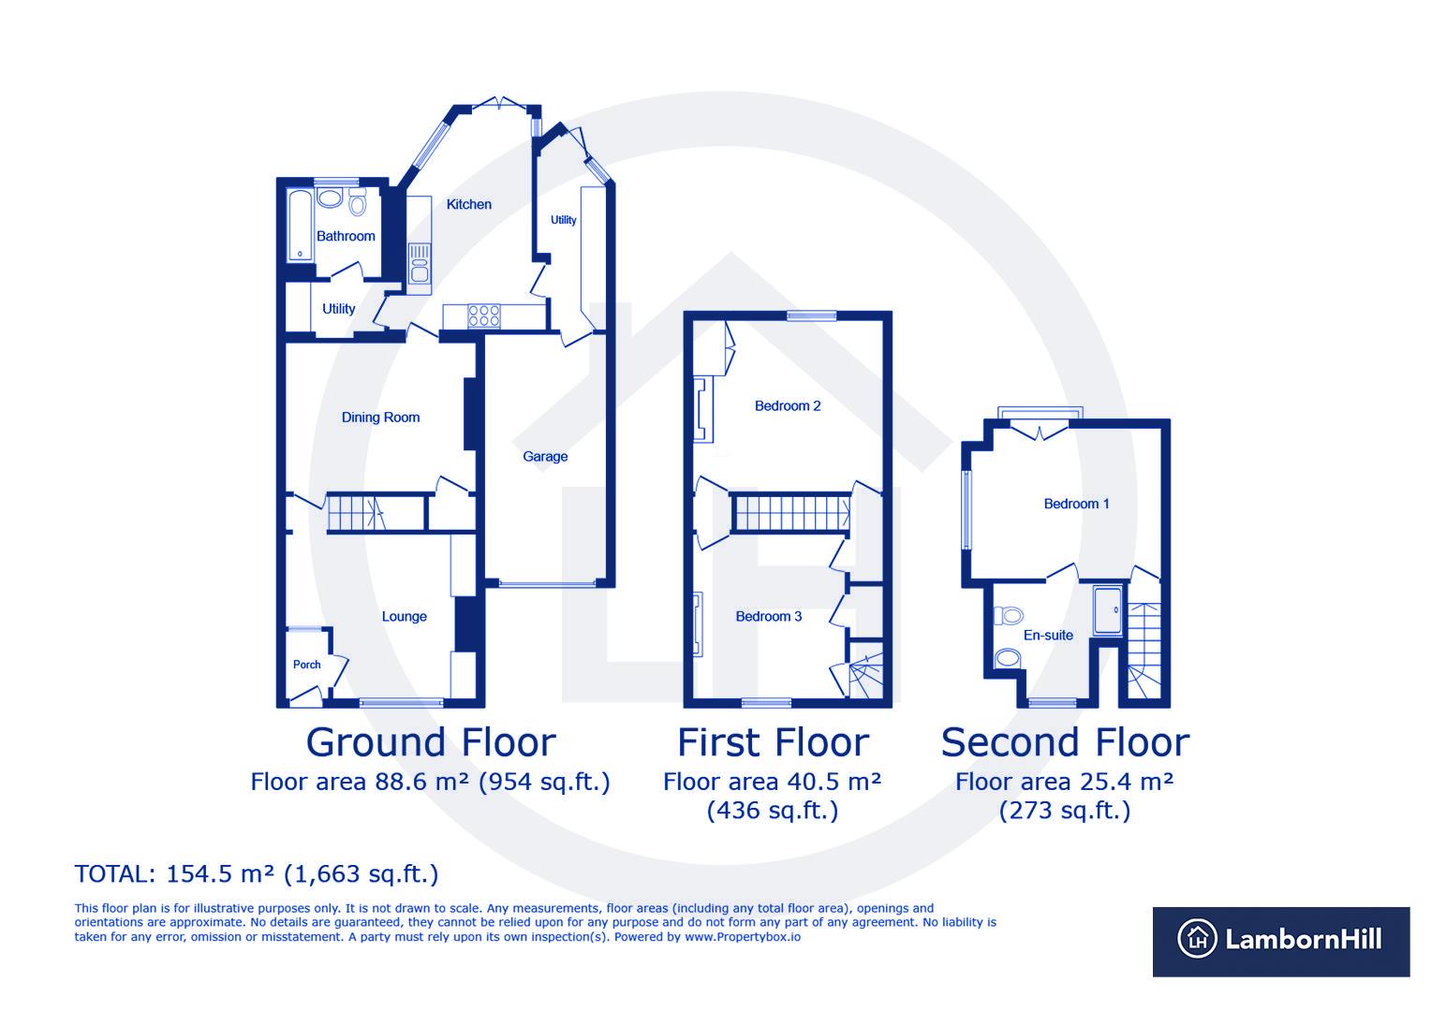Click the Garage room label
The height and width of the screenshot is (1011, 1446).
click(x=545, y=457)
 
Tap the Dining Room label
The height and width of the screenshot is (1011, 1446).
click(x=380, y=418)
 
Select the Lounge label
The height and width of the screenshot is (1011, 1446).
click(x=404, y=616)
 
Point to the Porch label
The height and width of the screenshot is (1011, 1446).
click(x=307, y=665)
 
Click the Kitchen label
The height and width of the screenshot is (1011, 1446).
click(x=468, y=204)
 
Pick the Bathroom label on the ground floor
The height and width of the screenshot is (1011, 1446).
click(x=346, y=236)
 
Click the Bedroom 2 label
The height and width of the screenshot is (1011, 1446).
click(x=788, y=405)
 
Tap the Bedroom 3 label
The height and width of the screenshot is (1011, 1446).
click(x=768, y=616)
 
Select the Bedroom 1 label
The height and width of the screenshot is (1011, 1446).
click(x=1076, y=504)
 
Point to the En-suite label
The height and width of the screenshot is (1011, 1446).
click(x=1048, y=635)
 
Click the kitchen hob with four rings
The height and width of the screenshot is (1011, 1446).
click(x=484, y=315)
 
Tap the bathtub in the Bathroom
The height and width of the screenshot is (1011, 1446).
click(x=300, y=226)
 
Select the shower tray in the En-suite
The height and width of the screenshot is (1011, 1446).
click(x=1109, y=613)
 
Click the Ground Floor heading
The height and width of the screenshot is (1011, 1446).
click(x=431, y=742)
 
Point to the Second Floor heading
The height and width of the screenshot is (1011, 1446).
click(x=1065, y=742)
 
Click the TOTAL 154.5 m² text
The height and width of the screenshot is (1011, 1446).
click(x=256, y=874)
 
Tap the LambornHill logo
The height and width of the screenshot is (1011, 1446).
click(x=1280, y=941)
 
